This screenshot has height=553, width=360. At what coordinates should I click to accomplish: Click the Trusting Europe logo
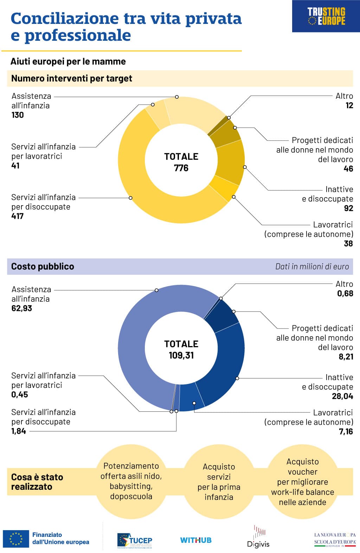click(x=326, y=17)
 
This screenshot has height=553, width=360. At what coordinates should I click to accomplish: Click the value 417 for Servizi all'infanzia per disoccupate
click(x=17, y=216)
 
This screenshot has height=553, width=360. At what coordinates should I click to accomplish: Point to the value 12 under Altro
click(x=349, y=106)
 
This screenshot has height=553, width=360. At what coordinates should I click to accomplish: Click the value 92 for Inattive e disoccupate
click(x=348, y=208)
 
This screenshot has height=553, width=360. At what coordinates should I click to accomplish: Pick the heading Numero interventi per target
click(x=72, y=78)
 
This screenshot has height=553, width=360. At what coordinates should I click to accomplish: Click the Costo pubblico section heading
click(x=43, y=266)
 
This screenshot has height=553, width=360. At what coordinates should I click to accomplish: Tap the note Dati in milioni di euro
click(x=312, y=267)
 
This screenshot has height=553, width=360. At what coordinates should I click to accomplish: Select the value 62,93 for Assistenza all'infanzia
click(x=22, y=308)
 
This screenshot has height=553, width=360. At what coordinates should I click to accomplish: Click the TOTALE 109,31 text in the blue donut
click(x=181, y=350)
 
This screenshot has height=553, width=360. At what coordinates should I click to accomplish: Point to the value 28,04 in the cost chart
click(x=342, y=396)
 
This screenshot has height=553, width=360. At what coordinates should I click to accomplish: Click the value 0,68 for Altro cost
click(x=345, y=294)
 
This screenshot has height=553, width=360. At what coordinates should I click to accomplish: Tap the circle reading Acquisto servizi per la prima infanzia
click(x=219, y=482)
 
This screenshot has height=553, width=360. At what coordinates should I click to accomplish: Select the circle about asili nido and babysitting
click(x=131, y=481)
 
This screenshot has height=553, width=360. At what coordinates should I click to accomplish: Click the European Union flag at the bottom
click(x=16, y=539)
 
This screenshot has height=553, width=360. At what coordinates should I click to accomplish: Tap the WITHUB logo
click(x=196, y=540)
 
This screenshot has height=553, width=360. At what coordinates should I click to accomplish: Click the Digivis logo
click(x=258, y=538)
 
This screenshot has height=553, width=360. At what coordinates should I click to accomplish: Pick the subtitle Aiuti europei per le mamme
click(x=68, y=61)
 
